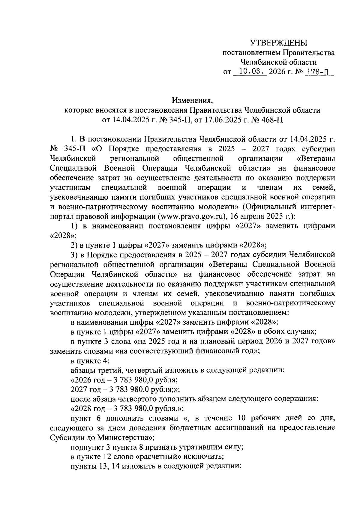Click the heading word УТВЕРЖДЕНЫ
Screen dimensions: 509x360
pyautogui.click(x=279, y=43)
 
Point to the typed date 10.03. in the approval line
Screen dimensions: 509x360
pyautogui.click(x=250, y=72)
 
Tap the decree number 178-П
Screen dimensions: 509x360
pyautogui.click(x=317, y=72)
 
